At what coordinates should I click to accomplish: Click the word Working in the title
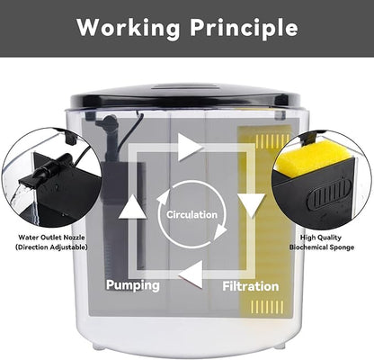pyautogui.click(x=129, y=28)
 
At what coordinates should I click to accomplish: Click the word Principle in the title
pyautogui.click(x=244, y=28)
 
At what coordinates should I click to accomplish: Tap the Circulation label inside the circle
pyautogui.click(x=191, y=215)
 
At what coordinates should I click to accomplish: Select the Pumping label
pyautogui.click(x=133, y=285)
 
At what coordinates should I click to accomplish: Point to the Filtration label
pyautogui.click(x=251, y=286)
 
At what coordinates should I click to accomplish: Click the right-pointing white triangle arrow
pyautogui.click(x=189, y=148)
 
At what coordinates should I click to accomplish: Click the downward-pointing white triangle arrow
pyautogui.click(x=252, y=205)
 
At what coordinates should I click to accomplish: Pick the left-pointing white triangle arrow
pyautogui.click(x=191, y=274)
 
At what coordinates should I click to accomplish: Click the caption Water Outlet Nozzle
pyautogui.click(x=51, y=238)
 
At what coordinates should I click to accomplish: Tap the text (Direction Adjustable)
pyautogui.click(x=51, y=247)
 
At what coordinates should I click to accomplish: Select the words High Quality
pyautogui.click(x=321, y=238)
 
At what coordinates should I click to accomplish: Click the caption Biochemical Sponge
pyautogui.click(x=322, y=247)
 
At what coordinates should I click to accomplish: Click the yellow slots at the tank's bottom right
pyautogui.click(x=267, y=307)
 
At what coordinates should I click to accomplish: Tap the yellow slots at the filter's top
pyautogui.click(x=272, y=141)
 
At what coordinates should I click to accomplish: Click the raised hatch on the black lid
pyautogui.click(x=185, y=86)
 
